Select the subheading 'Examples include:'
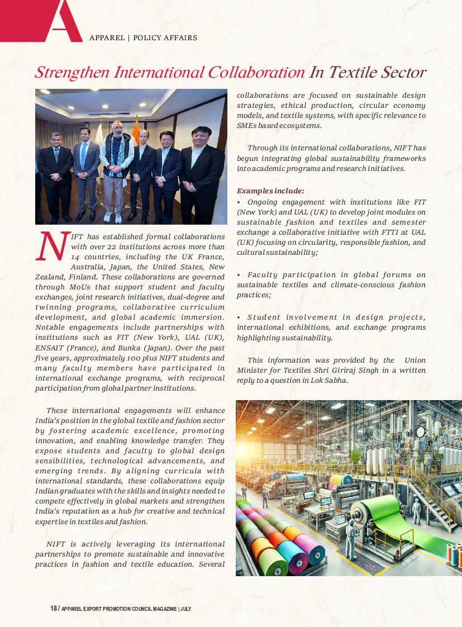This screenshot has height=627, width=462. [x=270, y=191]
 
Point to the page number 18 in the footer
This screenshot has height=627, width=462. [x=53, y=609]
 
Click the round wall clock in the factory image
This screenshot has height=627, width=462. [x=421, y=431]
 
